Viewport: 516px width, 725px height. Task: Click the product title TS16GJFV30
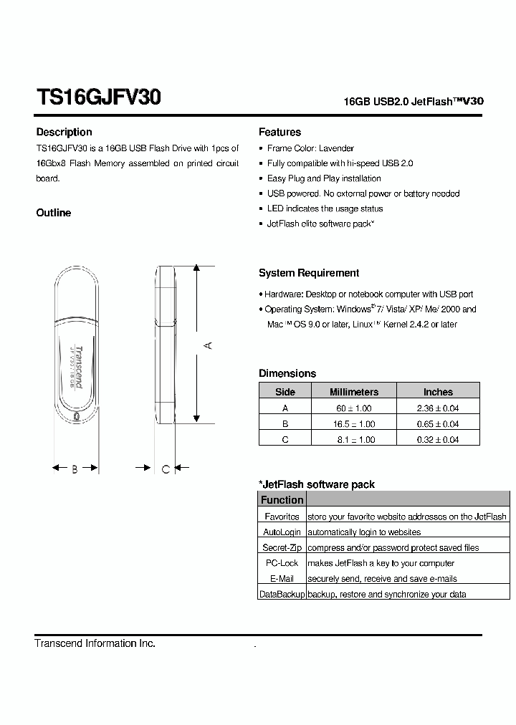click(98, 98)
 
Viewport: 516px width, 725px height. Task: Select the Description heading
click(64, 132)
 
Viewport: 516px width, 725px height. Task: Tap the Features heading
click(279, 132)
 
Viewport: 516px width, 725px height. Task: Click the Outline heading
click(54, 213)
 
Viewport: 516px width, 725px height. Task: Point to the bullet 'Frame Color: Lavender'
click(310, 148)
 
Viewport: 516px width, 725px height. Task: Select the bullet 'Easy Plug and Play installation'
click(324, 178)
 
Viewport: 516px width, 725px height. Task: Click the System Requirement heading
click(309, 273)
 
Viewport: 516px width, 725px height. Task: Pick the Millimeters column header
click(353, 392)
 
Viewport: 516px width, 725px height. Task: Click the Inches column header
click(438, 392)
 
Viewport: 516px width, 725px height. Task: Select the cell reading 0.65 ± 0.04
click(438, 424)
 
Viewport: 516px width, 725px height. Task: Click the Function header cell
click(282, 500)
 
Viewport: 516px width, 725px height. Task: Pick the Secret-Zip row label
click(282, 547)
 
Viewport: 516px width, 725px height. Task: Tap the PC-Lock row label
click(282, 563)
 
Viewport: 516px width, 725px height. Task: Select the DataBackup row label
click(282, 594)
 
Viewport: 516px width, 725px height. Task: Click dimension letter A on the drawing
click(208, 345)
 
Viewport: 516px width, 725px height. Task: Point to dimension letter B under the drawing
click(75, 469)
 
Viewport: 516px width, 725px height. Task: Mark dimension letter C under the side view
click(166, 469)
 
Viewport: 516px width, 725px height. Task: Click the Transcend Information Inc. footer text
click(95, 643)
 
